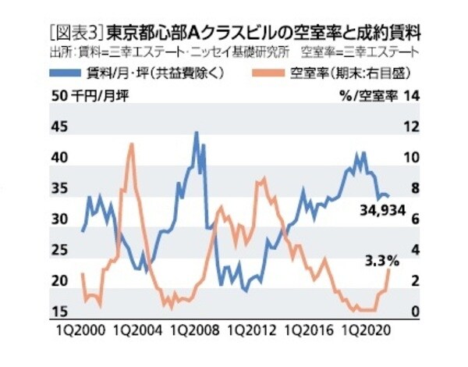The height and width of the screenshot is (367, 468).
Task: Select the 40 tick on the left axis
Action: [58, 157]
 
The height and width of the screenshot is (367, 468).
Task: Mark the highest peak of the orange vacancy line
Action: [131, 144]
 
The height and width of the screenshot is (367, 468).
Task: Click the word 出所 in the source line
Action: [58, 54]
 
